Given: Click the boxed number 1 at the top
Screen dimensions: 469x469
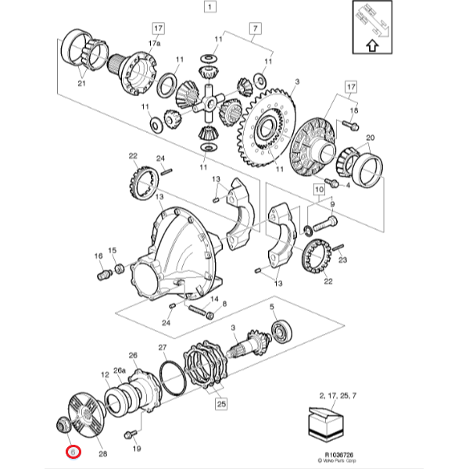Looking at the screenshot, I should [x=209, y=8].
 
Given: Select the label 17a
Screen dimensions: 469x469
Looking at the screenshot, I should [x=156, y=44].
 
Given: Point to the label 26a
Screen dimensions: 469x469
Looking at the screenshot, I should [x=120, y=370].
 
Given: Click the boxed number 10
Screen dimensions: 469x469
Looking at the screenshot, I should [x=319, y=188].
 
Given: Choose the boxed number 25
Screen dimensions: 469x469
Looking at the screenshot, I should [x=220, y=404].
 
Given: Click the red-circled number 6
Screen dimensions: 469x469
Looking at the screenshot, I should [x=73, y=451].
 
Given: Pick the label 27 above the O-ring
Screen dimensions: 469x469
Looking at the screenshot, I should [x=163, y=347].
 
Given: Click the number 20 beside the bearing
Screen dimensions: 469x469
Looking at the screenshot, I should [x=371, y=138].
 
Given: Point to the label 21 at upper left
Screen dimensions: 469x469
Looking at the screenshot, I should [x=81, y=84].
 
